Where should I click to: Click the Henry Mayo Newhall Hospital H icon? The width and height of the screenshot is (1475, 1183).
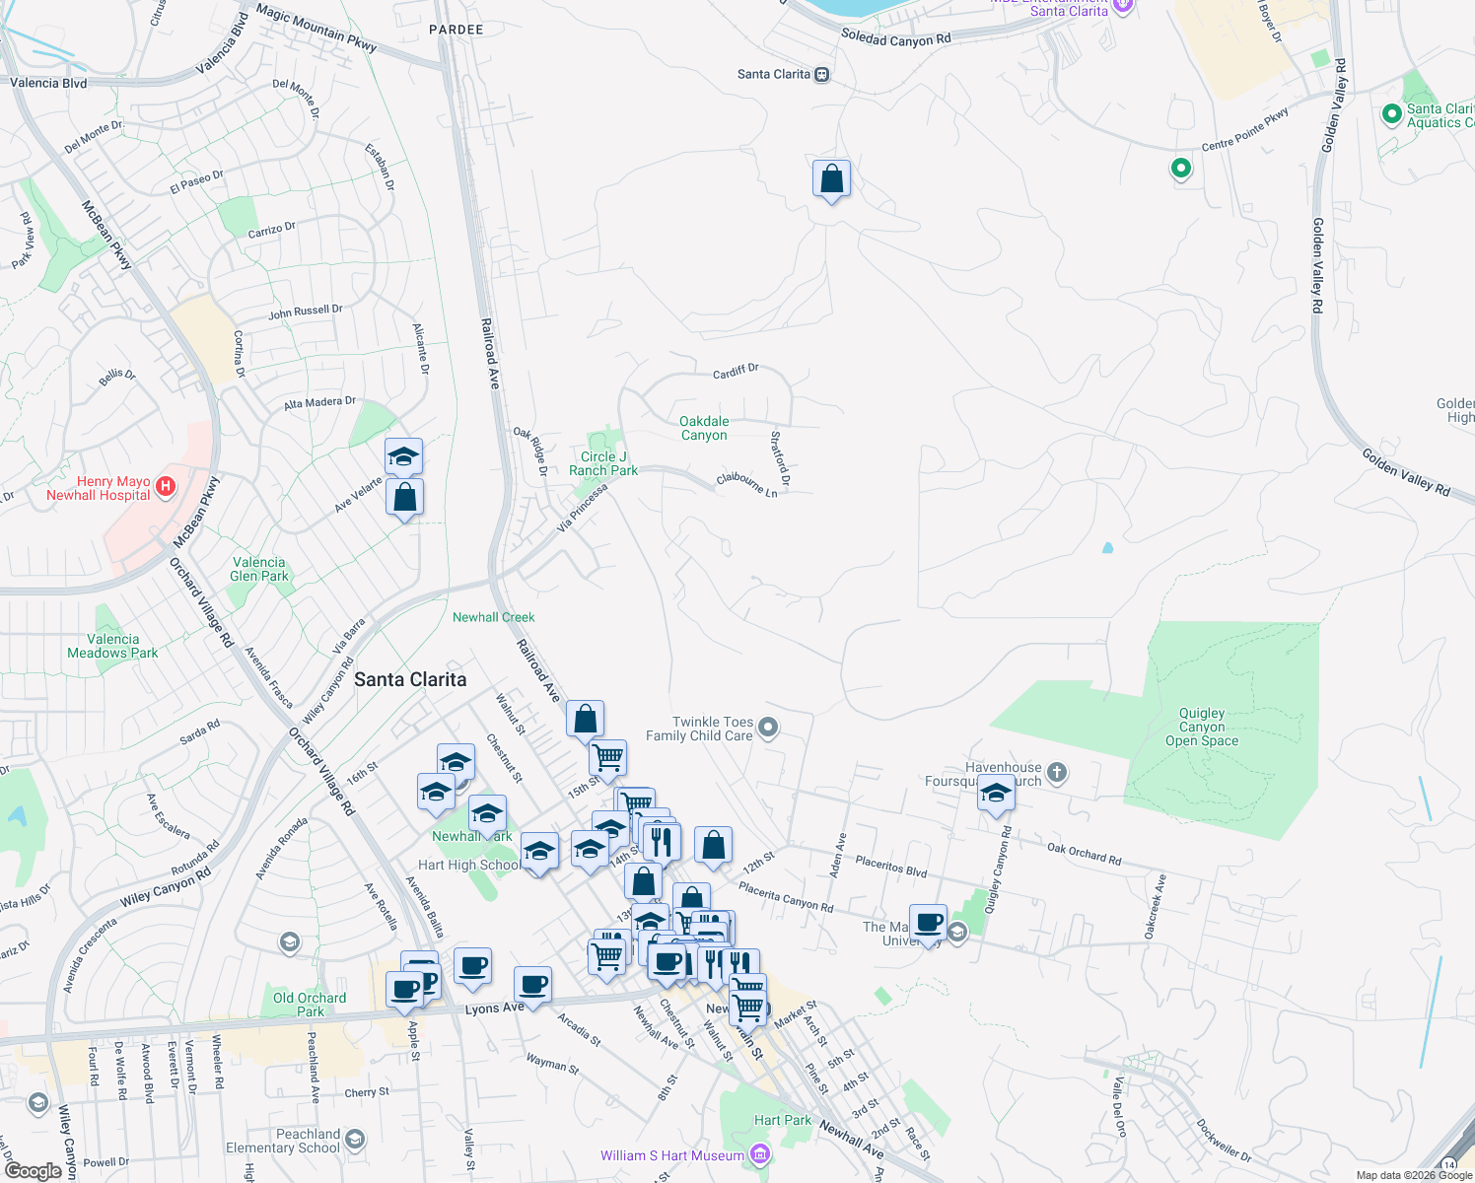[x=166, y=485]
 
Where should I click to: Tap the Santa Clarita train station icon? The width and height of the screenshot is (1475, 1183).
[x=822, y=75]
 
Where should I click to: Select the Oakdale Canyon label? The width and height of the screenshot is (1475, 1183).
[x=704, y=428]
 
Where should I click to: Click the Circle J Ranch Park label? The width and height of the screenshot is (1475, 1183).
[x=603, y=463]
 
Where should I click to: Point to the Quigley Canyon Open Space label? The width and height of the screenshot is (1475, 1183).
[x=1202, y=727]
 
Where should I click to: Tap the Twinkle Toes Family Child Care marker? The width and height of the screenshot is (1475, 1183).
[x=769, y=728]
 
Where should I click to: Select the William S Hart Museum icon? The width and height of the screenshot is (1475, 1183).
[x=759, y=1154]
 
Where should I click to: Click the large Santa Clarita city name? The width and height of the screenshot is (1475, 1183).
[x=410, y=679]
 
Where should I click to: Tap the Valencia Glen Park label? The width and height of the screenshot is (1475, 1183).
[x=259, y=569]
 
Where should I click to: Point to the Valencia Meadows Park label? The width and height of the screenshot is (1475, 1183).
[x=112, y=646]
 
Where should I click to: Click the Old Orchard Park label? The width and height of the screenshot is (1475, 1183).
[x=310, y=1005]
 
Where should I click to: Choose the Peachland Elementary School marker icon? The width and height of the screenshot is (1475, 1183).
[x=355, y=1140]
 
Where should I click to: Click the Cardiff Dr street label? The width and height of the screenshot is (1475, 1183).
[x=736, y=372]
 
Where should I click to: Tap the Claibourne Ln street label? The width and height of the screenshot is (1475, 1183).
[x=747, y=484]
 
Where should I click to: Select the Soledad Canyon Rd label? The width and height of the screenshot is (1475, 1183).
[x=895, y=38]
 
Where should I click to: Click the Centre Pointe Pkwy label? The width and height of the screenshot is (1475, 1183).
[x=1244, y=130]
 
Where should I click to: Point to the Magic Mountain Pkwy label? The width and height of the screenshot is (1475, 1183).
[x=316, y=27]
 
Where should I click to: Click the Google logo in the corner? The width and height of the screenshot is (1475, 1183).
[x=34, y=1170]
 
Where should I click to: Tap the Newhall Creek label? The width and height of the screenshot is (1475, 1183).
[x=493, y=617]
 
